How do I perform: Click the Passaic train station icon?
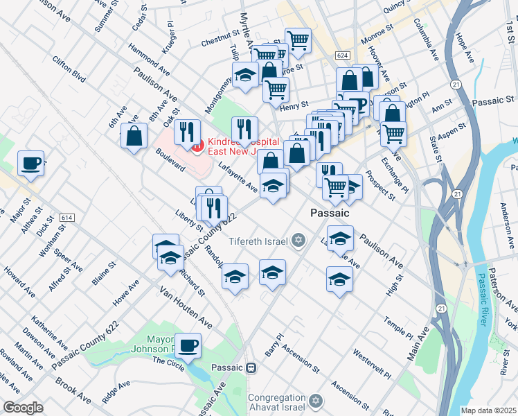(252, 367)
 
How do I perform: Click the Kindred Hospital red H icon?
(197, 145)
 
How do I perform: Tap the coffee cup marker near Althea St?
(31, 163)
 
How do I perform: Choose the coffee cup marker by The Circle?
(188, 345)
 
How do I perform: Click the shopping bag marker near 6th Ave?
(134, 136)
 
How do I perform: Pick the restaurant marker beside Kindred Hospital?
(187, 131)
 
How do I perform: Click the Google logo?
(23, 408)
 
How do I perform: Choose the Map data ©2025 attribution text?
(488, 410)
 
